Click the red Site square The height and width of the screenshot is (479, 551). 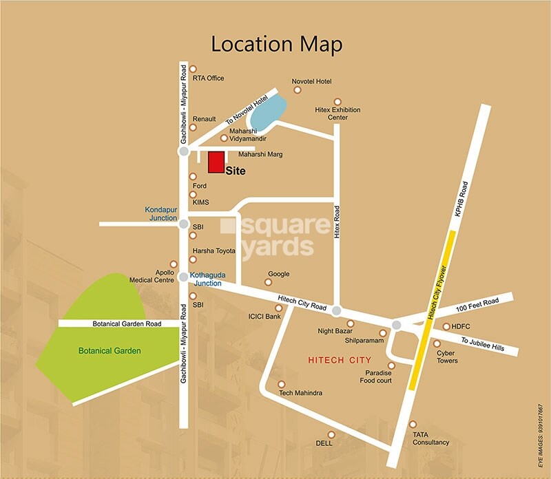pyautogui.click(x=216, y=162)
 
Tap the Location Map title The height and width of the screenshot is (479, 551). pyautogui.click(x=276, y=44)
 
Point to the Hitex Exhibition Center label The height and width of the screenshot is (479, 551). pyautogui.click(x=337, y=114)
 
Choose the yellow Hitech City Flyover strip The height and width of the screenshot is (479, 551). pyautogui.click(x=432, y=310)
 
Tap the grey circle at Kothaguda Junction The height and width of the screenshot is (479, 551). pyautogui.click(x=183, y=277)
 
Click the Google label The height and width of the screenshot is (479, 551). pyautogui.click(x=278, y=274)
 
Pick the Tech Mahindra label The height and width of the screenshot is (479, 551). pyautogui.click(x=300, y=393)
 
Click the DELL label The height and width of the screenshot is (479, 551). pyautogui.click(x=324, y=444)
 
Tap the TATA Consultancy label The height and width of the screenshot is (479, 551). pyautogui.click(x=430, y=438)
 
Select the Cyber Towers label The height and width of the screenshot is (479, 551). pyautogui.click(x=446, y=356)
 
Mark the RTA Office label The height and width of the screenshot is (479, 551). pyautogui.click(x=208, y=78)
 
